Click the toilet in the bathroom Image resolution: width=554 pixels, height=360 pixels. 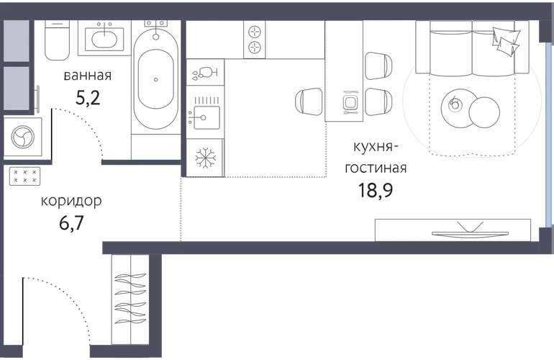[x=58, y=40]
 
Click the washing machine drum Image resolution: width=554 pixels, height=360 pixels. [x=22, y=138]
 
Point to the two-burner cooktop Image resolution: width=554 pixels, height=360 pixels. [x=255, y=40]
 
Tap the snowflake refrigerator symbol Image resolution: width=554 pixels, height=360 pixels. [x=206, y=157]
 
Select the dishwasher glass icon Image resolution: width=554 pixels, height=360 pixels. [x=205, y=73]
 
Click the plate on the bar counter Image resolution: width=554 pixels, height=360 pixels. [x=351, y=102]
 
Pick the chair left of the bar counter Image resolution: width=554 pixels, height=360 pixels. [x=309, y=102]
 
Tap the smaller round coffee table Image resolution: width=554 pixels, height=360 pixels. [x=484, y=112]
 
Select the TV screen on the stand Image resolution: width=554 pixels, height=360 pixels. [x=470, y=233]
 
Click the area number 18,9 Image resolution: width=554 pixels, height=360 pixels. [x=376, y=190]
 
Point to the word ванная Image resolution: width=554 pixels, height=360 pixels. [x=88, y=76]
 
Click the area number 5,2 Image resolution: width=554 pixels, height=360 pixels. [x=88, y=98]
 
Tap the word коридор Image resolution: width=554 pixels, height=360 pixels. [x=71, y=201]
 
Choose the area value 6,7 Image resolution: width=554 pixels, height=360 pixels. [x=71, y=222]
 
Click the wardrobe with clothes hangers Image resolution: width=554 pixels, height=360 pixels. [x=130, y=300]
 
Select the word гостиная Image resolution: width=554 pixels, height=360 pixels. [x=376, y=167]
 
